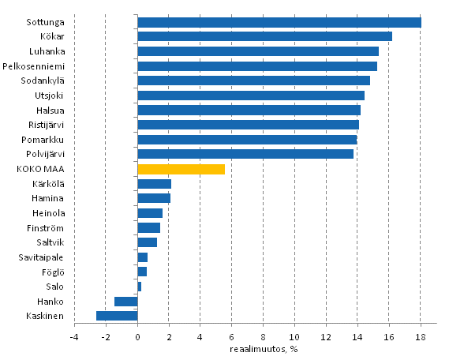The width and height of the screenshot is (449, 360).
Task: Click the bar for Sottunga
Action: tap(279, 22)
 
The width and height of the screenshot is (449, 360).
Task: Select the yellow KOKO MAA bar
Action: tap(181, 169)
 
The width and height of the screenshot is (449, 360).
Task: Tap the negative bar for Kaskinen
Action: tap(117, 316)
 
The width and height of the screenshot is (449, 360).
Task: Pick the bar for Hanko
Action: tap(126, 302)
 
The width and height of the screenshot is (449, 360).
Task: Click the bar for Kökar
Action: tap(264, 36)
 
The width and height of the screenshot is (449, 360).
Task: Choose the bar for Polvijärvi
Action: tap(245, 154)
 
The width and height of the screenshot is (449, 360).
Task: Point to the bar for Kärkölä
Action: tap(154, 184)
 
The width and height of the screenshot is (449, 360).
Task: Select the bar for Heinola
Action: tap(150, 213)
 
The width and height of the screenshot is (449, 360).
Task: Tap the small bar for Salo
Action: tap(140, 287)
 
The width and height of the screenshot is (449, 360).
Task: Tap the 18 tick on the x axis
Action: tap(421, 339)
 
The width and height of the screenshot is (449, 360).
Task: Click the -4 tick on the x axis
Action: tap(73, 339)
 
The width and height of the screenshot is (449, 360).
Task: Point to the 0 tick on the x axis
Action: tap(137, 339)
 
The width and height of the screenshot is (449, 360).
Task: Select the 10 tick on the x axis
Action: tap(294, 339)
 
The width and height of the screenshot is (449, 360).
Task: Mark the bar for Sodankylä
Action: tap(253, 81)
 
